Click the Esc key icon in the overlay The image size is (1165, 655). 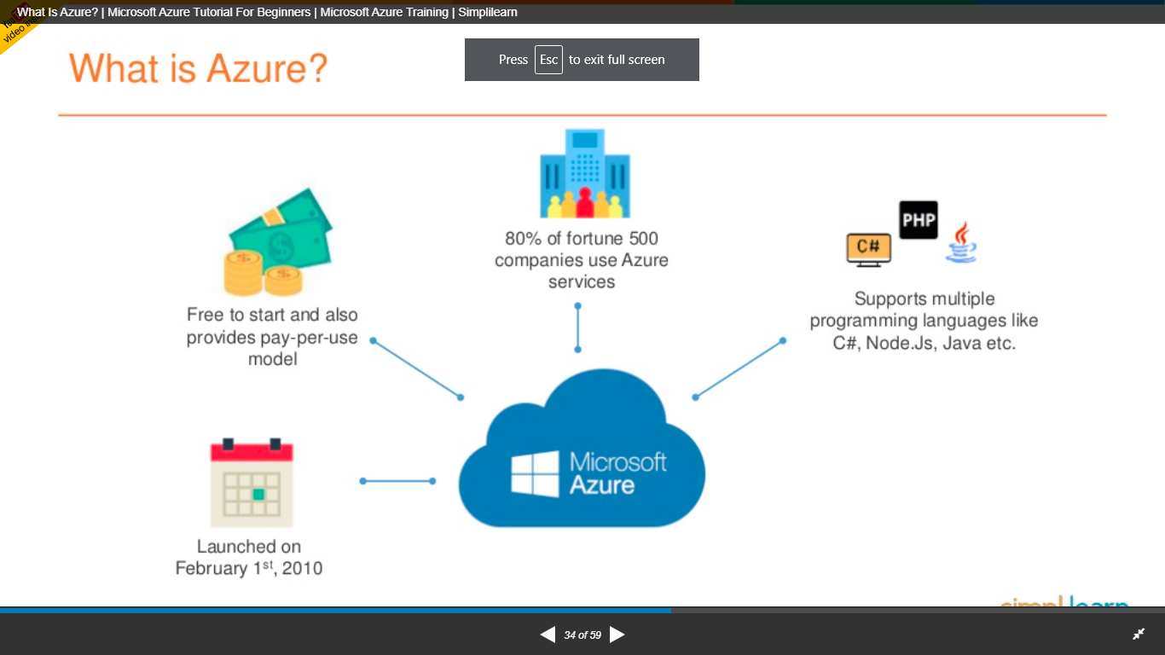[548, 60]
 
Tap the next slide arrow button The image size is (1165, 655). [617, 635]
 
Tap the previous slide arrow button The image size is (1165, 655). [548, 635]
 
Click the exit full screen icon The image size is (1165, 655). [1138, 635]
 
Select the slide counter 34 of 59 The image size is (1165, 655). [582, 635]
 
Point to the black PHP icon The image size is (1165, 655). [919, 220]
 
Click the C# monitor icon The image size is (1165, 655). [868, 248]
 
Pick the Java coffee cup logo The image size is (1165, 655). [961, 242]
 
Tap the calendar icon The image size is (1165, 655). [252, 484]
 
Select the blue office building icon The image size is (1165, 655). [584, 173]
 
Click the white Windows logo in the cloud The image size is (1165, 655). [535, 473]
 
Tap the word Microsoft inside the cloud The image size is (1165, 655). [617, 461]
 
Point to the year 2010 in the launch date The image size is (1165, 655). [303, 568]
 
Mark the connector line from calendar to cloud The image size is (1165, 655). [397, 481]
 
